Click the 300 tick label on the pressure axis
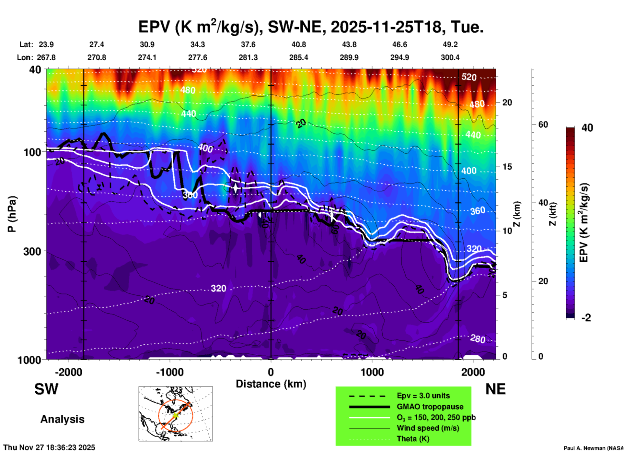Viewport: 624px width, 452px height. pos(32,251)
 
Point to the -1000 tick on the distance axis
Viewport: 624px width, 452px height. pos(170,372)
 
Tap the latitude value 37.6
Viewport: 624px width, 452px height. pos(248,44)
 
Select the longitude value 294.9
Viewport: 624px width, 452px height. pos(399,57)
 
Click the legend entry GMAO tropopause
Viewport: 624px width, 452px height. pos(430,407)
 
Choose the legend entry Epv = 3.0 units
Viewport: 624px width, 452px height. pos(423,396)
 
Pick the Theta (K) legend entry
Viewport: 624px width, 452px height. pos(413,439)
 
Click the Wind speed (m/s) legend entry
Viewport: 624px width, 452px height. pos(428,428)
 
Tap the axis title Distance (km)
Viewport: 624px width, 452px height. pos(271,384)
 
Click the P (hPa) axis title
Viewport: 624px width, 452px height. pos(12,214)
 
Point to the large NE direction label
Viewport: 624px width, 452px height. pos(495,389)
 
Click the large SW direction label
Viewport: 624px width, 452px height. pos(46,389)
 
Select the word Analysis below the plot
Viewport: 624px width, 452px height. pos(62,419)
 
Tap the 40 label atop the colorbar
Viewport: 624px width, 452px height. pos(587,128)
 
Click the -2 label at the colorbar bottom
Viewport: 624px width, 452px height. pos(586,318)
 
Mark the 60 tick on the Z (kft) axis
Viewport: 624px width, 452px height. pos(543,125)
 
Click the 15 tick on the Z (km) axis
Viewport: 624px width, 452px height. pos(507,167)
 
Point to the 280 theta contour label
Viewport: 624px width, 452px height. pos(478,339)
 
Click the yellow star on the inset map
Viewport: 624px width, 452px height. pos(175,415)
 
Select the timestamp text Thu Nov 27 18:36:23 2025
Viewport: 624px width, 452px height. pos(49,447)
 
